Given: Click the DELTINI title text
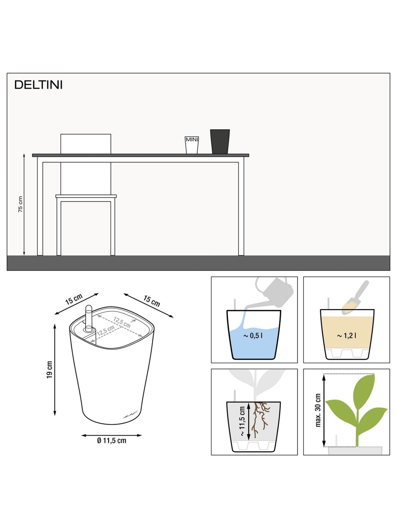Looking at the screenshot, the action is (39, 85).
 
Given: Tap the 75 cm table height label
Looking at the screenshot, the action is (20, 204).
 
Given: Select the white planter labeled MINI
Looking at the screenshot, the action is (192, 145).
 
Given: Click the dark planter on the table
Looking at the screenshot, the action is (220, 141).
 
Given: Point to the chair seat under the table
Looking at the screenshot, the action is (86, 196).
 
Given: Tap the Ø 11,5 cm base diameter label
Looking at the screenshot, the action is (112, 441).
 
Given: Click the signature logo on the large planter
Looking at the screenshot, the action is (130, 415).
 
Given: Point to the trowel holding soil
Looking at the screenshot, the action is (355, 298).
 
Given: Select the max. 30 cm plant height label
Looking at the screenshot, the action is (318, 410).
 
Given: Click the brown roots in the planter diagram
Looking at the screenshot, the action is (261, 419).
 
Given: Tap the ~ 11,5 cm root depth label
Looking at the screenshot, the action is (242, 421).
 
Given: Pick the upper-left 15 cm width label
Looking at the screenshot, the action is (74, 299).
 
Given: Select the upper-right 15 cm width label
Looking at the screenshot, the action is (152, 301).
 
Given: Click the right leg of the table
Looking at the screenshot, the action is (241, 206).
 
